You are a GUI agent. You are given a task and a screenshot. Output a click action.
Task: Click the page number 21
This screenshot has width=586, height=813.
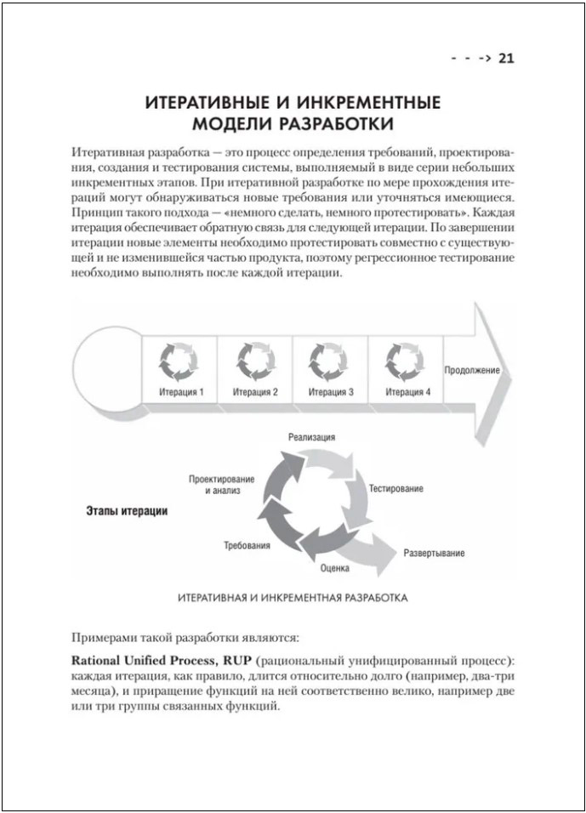point(506,59)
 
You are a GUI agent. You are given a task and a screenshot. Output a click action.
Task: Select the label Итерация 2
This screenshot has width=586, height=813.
point(255,392)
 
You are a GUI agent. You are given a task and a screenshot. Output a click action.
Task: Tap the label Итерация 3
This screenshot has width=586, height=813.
point(331,392)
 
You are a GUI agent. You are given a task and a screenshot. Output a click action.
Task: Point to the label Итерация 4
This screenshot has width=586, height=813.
point(407,392)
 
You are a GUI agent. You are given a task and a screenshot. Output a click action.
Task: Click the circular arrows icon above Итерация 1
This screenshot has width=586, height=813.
point(179,359)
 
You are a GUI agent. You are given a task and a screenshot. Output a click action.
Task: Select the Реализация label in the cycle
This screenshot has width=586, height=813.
point(311,436)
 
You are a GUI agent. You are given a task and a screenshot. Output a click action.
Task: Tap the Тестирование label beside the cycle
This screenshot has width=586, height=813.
point(395,490)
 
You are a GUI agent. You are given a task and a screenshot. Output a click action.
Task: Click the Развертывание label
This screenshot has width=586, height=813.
point(434,554)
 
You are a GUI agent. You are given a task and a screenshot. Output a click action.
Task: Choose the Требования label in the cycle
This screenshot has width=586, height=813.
point(247,544)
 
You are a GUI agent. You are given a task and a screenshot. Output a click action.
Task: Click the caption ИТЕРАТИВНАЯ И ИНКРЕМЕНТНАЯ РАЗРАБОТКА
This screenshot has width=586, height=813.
point(293,598)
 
